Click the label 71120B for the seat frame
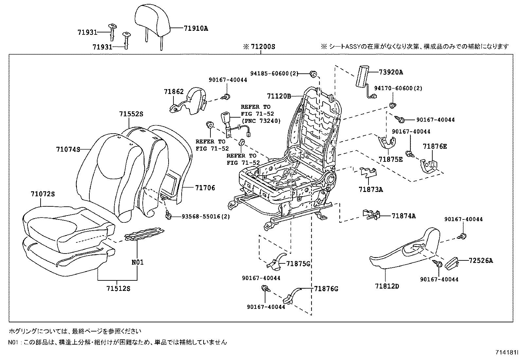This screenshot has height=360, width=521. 279,96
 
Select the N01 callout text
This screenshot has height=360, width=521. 137,262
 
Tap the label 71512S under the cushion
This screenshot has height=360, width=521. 118,289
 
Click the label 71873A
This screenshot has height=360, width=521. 370,189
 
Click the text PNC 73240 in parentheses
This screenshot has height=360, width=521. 261,121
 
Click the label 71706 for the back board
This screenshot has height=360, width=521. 205,188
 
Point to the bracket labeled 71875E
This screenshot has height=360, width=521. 387,143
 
